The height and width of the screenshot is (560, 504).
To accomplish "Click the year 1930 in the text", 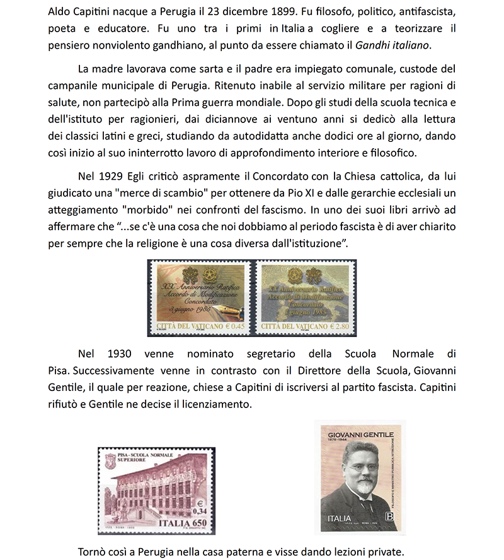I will click(x=122, y=354).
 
